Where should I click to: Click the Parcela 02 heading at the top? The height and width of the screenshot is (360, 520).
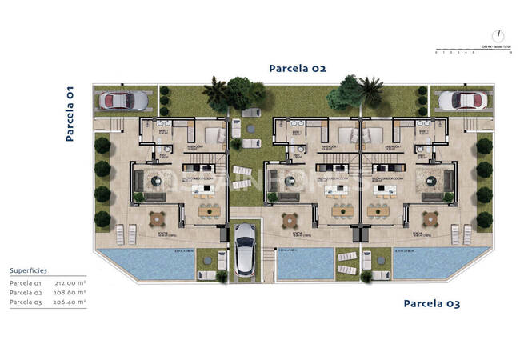coord(297,68)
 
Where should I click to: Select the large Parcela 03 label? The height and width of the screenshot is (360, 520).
coord(431,303)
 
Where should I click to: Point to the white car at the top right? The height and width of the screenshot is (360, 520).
coord(458,100)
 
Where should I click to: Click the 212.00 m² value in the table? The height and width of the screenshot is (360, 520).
coord(70,283)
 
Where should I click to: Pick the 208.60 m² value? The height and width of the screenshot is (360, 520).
coord(70,293)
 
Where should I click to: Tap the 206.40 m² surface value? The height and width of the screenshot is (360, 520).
coord(70,302)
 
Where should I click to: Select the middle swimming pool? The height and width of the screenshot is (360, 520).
coord(304,262)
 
